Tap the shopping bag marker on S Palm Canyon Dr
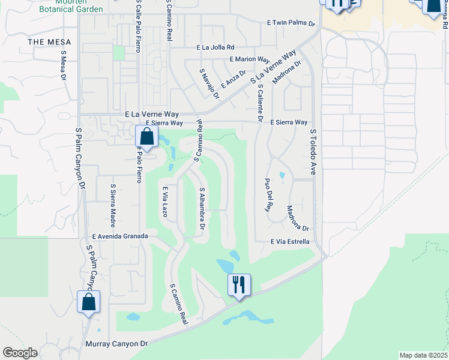tap(88, 303)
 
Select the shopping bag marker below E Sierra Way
tap(146, 137)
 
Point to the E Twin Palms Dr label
tap(291, 23)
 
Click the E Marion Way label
tap(250, 59)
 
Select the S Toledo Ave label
tap(313, 152)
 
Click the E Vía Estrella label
tap(290, 242)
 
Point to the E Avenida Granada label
tap(120, 236)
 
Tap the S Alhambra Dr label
tap(202, 208)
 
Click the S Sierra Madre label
tap(112, 202)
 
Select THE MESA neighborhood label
tap(49, 42)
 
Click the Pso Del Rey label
tap(268, 195)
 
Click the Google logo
tap(20, 353)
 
